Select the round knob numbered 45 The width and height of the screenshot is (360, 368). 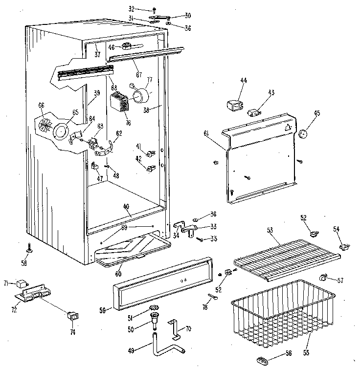[x=303, y=132]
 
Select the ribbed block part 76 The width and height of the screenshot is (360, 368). [x=119, y=103]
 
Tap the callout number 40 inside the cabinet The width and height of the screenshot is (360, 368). [x=126, y=207]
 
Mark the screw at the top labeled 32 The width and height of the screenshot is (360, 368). [x=154, y=9]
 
